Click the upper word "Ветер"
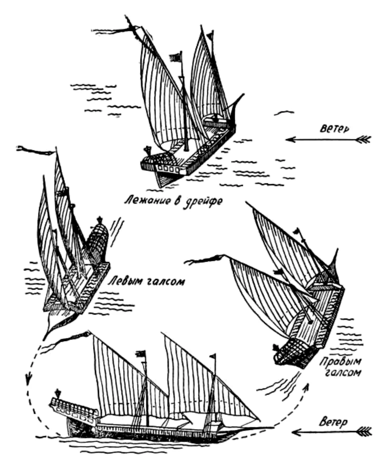pos(335,129)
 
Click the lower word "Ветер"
pos(334,422)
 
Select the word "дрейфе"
pos(204,202)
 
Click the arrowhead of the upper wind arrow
pos(290,140)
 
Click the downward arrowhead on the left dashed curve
pos(28,379)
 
